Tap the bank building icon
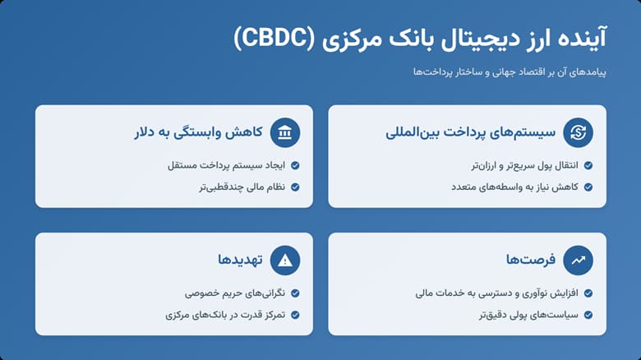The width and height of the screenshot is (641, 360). point(284,132)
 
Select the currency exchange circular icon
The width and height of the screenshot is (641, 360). point(578,132)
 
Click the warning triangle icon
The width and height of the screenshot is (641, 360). point(284,261)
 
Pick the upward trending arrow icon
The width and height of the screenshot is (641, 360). point(578,261)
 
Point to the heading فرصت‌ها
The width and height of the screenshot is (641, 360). point(530,261)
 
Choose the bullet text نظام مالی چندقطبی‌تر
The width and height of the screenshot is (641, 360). point(234,187)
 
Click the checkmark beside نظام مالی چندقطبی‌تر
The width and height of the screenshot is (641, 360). point(295,187)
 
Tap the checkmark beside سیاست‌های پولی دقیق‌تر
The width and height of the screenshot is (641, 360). point(587,314)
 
